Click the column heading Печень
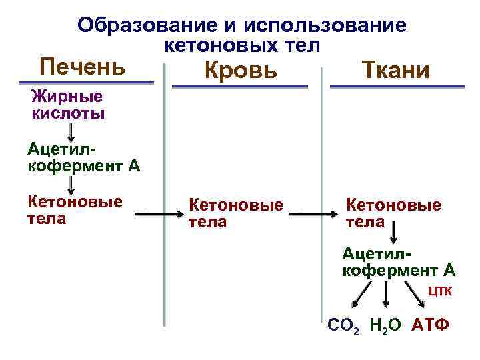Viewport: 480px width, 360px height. click(x=82, y=67)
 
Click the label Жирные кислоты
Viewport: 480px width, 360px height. click(x=68, y=105)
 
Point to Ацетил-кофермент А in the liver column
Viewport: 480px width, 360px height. click(x=83, y=157)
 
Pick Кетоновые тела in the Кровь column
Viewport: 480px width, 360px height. click(x=236, y=213)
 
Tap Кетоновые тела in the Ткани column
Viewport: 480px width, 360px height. click(x=393, y=213)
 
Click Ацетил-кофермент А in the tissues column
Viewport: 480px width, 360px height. click(x=398, y=261)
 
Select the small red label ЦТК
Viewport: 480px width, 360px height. click(x=440, y=291)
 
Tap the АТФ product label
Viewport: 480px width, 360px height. click(x=431, y=325)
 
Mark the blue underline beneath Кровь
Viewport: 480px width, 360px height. click(x=240, y=87)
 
